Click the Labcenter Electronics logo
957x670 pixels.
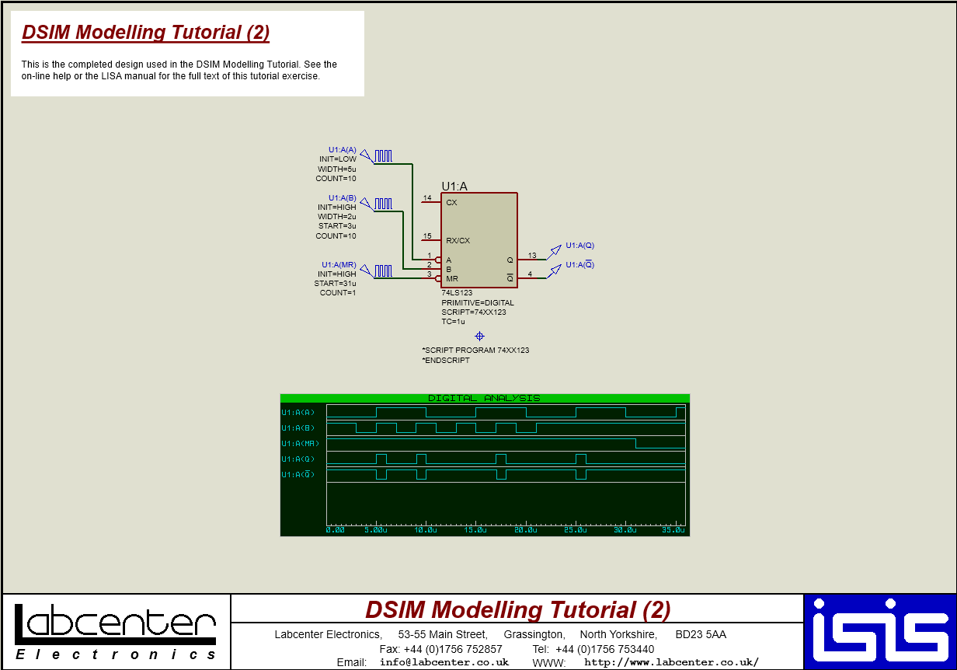click(x=115, y=632)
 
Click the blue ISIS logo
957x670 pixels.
click(x=880, y=632)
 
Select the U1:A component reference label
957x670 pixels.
click(x=454, y=186)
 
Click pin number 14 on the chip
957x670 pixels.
click(x=427, y=198)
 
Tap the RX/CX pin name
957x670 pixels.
click(x=458, y=241)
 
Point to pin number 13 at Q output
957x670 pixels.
click(x=532, y=255)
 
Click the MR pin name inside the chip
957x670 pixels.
click(x=451, y=278)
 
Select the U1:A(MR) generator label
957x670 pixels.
click(x=339, y=265)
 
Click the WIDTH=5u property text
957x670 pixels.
click(x=336, y=169)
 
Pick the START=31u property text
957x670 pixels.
click(x=335, y=284)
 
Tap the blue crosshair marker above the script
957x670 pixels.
click(x=479, y=336)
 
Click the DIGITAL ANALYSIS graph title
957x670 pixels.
click(x=484, y=398)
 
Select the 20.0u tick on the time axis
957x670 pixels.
click(x=526, y=530)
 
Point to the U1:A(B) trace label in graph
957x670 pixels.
click(x=298, y=428)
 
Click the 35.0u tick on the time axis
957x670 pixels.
click(x=673, y=530)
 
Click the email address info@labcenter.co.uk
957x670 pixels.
click(x=444, y=662)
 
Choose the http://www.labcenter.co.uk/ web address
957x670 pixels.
click(x=671, y=662)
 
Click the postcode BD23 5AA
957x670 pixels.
click(x=701, y=634)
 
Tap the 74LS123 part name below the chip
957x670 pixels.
click(x=458, y=293)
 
